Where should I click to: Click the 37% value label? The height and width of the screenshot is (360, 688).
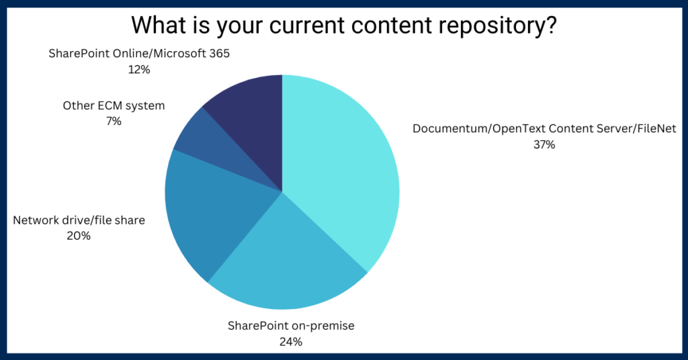click(544, 144)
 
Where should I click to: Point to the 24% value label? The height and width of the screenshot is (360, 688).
click(291, 342)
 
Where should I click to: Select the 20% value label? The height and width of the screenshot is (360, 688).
click(79, 236)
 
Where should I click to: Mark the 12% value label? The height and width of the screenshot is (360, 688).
click(138, 69)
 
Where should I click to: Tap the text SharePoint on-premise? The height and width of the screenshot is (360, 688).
click(290, 326)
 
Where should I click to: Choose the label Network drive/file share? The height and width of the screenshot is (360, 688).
click(79, 220)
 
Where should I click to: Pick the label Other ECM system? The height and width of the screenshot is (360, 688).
click(114, 105)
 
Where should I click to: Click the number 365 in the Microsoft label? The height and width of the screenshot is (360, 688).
click(219, 53)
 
